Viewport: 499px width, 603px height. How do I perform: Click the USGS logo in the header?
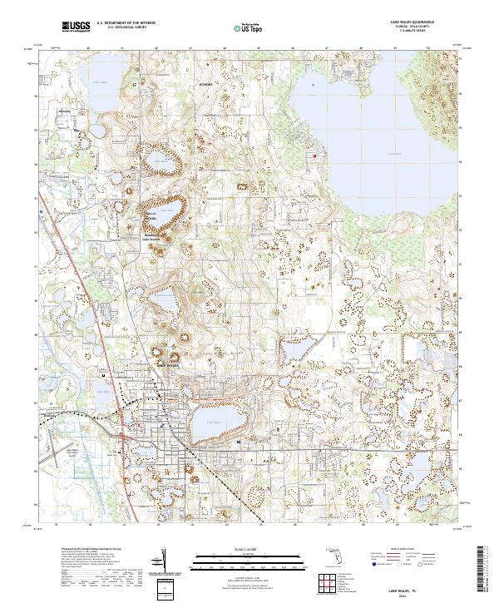[x=76, y=27]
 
